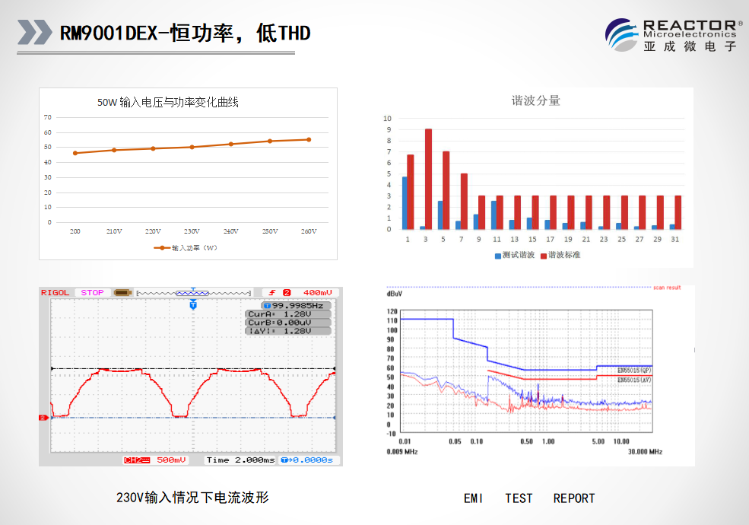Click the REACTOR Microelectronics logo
(672, 35)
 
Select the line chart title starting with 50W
(167, 102)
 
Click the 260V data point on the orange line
(308, 139)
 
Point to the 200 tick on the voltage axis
(75, 231)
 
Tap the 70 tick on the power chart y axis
(48, 117)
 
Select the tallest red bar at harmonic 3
(428, 179)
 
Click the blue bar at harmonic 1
(405, 202)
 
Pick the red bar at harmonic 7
(464, 201)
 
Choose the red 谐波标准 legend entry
(560, 255)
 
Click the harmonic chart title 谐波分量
(535, 100)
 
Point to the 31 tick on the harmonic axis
(675, 239)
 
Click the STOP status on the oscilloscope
(92, 292)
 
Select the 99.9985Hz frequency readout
(290, 305)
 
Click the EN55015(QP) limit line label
(633, 370)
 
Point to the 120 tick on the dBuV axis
(392, 311)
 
